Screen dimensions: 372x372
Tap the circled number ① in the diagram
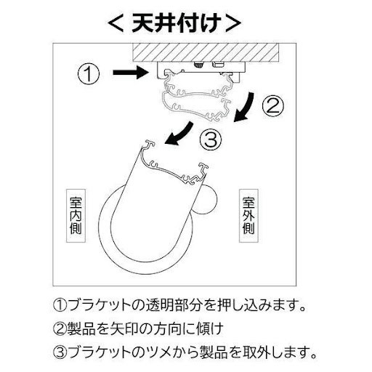click(88, 73)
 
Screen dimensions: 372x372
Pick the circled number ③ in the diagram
click(209, 139)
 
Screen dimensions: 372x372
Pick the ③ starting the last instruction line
click(59, 354)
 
